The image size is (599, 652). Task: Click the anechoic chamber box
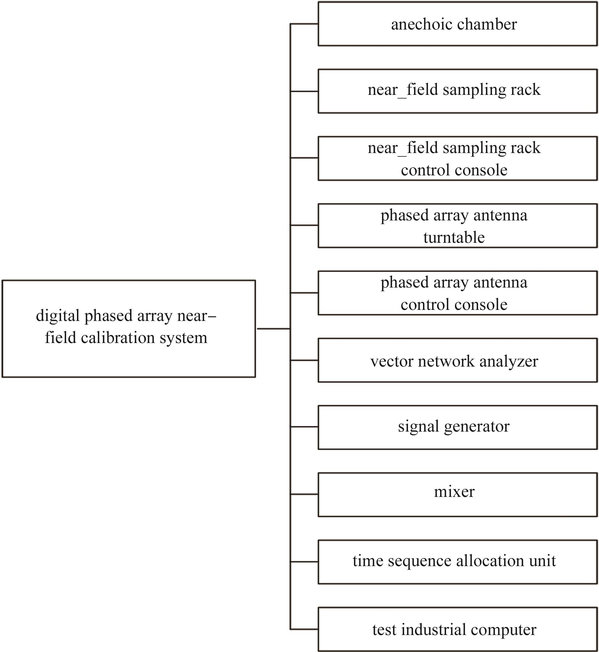[x=457, y=24]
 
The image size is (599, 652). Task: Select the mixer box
[x=457, y=495]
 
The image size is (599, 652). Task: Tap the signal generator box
[x=457, y=427]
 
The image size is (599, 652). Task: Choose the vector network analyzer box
[x=457, y=360]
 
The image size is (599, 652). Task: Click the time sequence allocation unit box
[x=457, y=562]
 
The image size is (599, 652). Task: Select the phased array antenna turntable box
[x=457, y=225]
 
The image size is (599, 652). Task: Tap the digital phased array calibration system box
[x=129, y=329]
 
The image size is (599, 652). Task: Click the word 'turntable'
[x=454, y=237]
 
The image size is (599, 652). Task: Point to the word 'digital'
[x=58, y=316]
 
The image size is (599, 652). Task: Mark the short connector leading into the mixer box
[x=304, y=495]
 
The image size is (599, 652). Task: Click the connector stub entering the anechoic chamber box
[x=304, y=24]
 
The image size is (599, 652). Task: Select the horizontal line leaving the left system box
[x=273, y=329]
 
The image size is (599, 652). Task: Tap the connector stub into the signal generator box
[x=304, y=427]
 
